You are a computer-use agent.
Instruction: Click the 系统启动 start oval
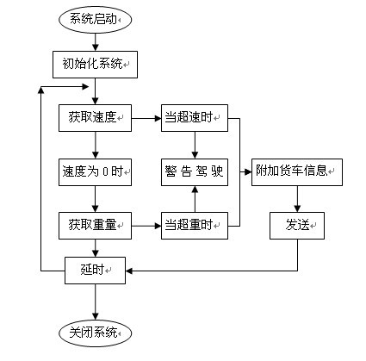tap(95, 20)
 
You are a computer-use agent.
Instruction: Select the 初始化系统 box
tap(95, 65)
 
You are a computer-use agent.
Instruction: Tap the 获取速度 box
tap(95, 118)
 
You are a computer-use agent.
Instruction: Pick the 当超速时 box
tap(195, 118)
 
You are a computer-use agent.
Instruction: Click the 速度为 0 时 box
tap(95, 172)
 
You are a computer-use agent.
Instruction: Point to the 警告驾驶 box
tap(195, 172)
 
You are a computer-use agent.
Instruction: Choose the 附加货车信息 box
tap(297, 172)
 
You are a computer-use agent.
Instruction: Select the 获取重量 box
tap(95, 226)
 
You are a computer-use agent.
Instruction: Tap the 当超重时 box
tap(195, 226)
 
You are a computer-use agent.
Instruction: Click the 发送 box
tap(297, 226)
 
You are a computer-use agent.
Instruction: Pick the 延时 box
tap(95, 271)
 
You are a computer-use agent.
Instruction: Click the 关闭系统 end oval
tap(95, 333)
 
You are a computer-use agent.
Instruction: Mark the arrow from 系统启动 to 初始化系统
tap(96, 42)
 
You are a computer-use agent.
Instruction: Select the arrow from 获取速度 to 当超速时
tap(146, 118)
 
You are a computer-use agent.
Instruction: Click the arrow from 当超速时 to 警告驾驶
tap(195, 145)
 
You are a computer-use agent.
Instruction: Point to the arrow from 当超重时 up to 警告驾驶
tap(195, 199)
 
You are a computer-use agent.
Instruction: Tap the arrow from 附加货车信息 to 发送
tap(297, 199)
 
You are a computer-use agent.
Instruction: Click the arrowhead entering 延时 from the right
tap(129, 271)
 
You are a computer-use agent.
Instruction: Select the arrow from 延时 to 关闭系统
tap(96, 302)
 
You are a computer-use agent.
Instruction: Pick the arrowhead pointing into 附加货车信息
tap(248, 172)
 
